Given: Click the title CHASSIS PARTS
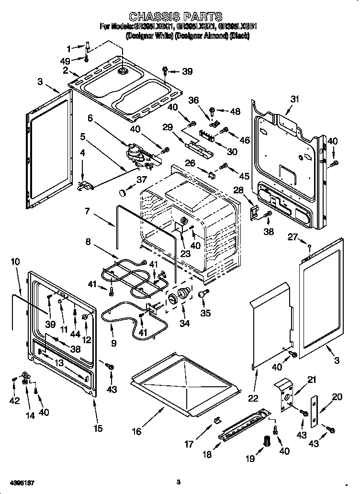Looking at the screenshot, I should [176, 18].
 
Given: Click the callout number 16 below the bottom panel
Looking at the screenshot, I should [137, 431].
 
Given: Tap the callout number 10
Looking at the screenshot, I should [15, 261].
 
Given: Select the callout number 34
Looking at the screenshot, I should [184, 324].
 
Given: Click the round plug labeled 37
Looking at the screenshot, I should [123, 192].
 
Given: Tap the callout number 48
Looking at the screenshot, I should [235, 111].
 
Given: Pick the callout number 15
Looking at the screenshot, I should [98, 428].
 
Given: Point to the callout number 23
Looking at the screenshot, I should [185, 254].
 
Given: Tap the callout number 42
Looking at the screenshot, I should [15, 401].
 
